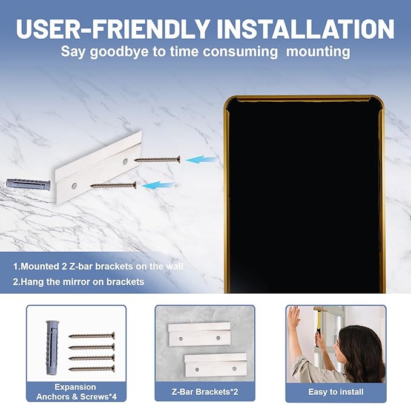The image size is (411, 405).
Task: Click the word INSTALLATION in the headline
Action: (306, 29)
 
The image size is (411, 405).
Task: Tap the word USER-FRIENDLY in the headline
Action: (113, 29)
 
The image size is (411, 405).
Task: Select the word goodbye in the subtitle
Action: (119, 52)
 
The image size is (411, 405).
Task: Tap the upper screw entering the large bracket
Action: (157, 159)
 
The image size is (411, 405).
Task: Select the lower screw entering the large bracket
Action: (113, 185)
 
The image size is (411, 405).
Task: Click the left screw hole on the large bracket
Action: (74, 186)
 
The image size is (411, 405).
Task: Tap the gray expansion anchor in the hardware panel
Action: (52, 347)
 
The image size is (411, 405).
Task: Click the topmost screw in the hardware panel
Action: (92, 335)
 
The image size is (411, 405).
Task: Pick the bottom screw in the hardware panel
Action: (92, 369)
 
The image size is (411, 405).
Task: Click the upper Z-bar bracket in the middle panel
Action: (199, 334)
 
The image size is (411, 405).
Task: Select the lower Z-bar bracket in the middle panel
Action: (215, 365)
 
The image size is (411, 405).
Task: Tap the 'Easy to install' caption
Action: (336, 392)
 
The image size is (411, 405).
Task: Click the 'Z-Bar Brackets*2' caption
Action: (205, 392)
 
